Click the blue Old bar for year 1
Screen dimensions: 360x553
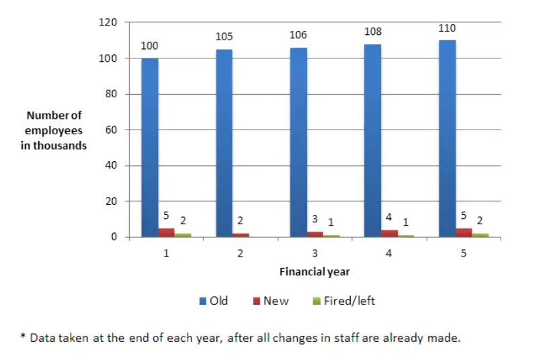pos(150,148)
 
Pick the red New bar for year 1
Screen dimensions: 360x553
pos(167,232)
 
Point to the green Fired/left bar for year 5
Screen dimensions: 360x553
pos(480,235)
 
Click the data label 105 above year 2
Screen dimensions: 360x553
pos(224,37)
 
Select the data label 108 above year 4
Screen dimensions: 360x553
pos(373,32)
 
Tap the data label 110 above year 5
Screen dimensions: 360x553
pos(447,28)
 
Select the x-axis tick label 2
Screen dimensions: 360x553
pos(240,254)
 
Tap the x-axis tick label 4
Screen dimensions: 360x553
pos(389,254)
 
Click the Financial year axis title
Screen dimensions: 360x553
pos(314,272)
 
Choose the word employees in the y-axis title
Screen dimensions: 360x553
pos(54,130)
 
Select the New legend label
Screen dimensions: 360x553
pos(275,301)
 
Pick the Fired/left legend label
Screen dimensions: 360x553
pos(349,301)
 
